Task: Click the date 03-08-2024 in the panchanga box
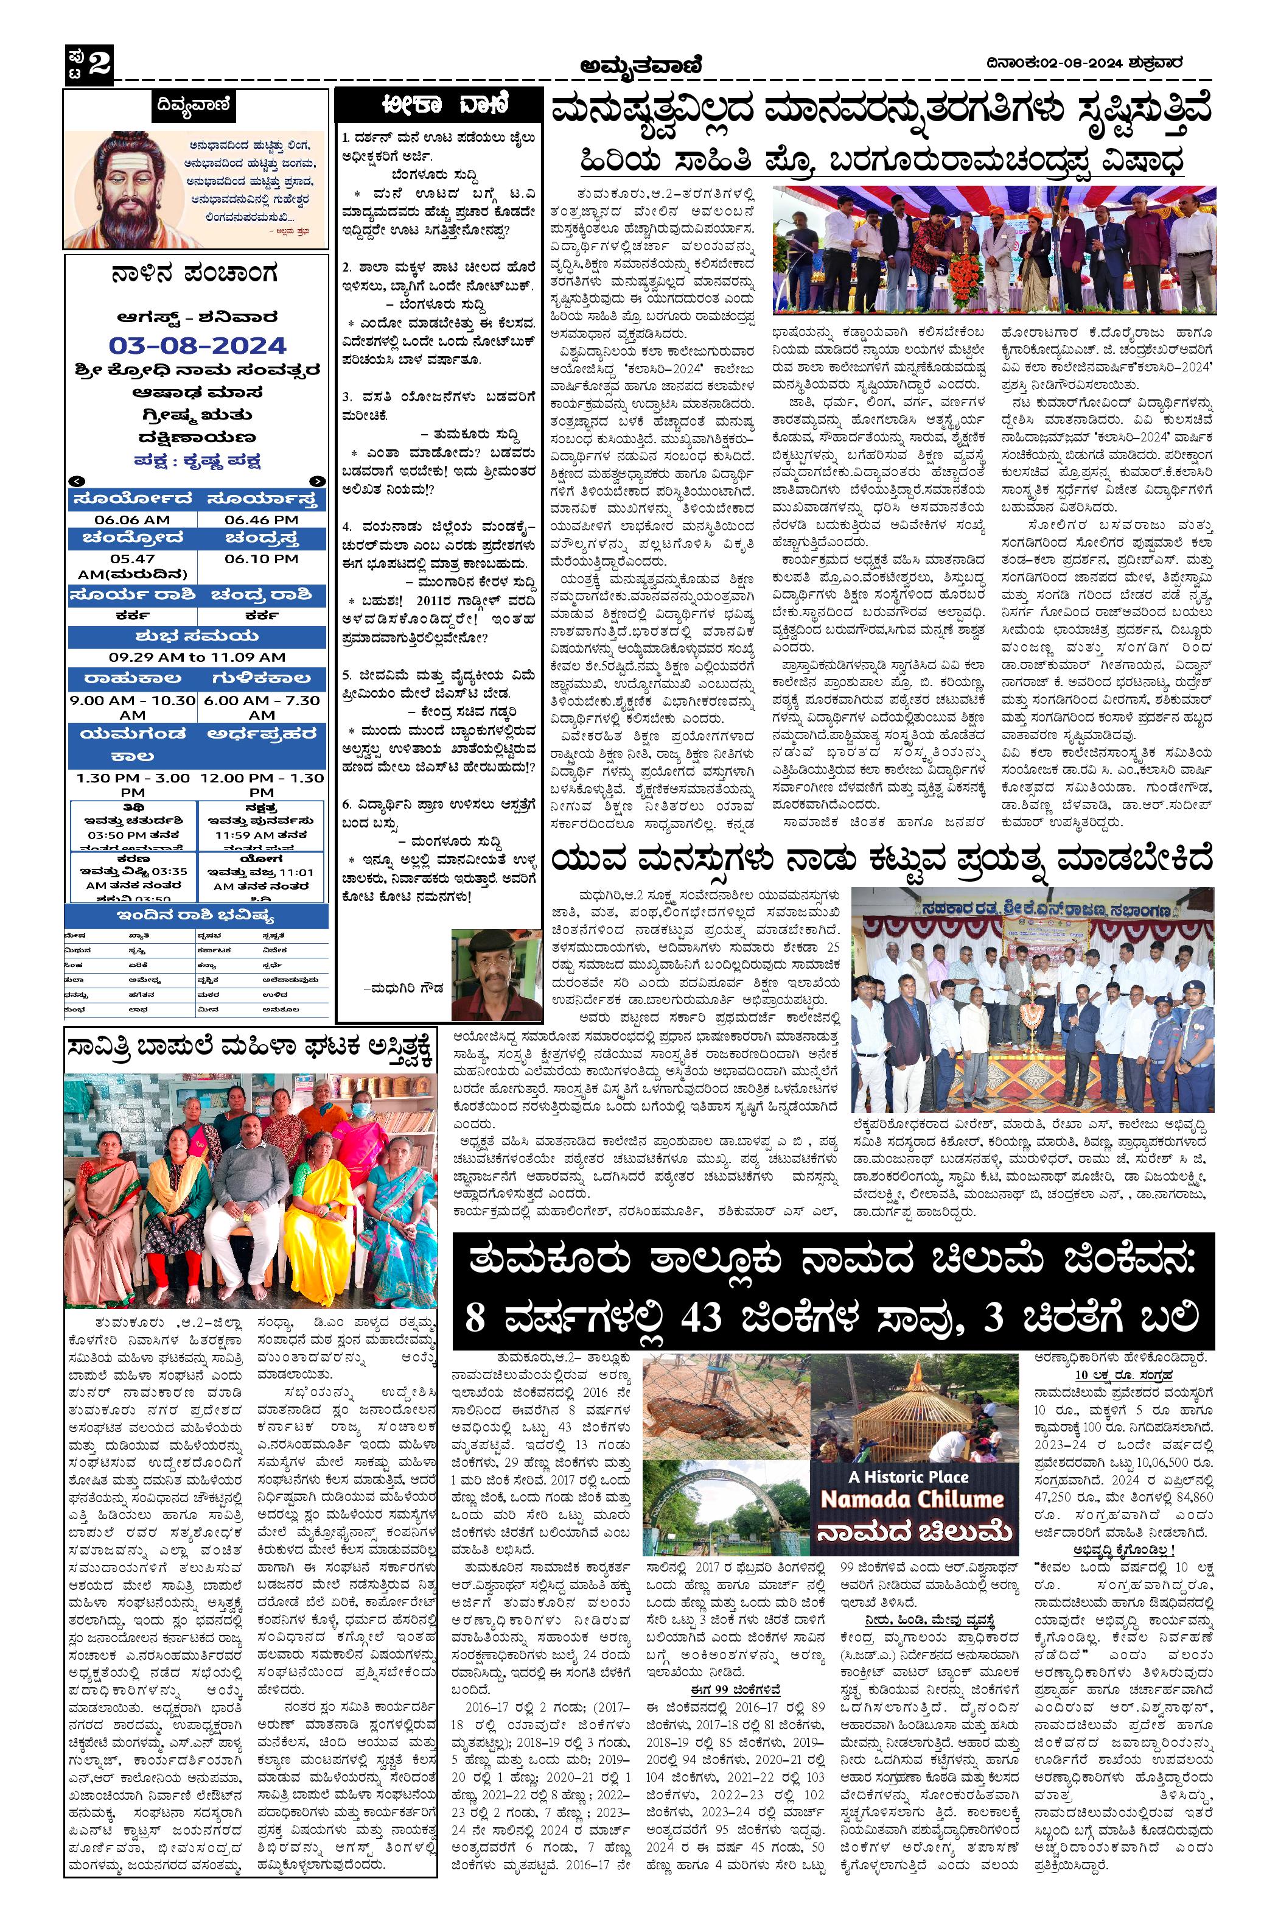pos(197,345)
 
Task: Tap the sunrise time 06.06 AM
pos(132,519)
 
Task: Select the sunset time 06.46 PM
pos(261,519)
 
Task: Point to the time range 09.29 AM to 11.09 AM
pos(197,657)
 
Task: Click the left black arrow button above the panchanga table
pos(76,481)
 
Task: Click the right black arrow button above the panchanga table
pos(317,481)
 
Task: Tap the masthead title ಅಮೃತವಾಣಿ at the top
pos(641,63)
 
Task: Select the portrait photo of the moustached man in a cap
pos(497,974)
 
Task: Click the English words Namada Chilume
pos(911,1500)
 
